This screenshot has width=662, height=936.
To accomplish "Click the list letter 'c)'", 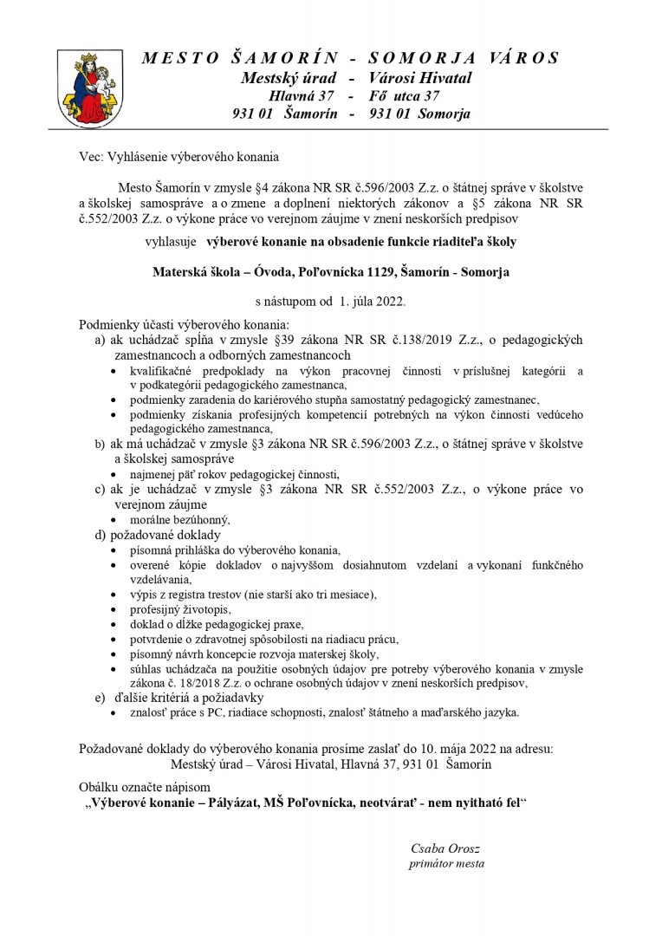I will point(101,490).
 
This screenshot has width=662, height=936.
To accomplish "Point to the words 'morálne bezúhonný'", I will point(180,520).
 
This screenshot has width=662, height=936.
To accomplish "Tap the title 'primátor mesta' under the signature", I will point(445,863).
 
